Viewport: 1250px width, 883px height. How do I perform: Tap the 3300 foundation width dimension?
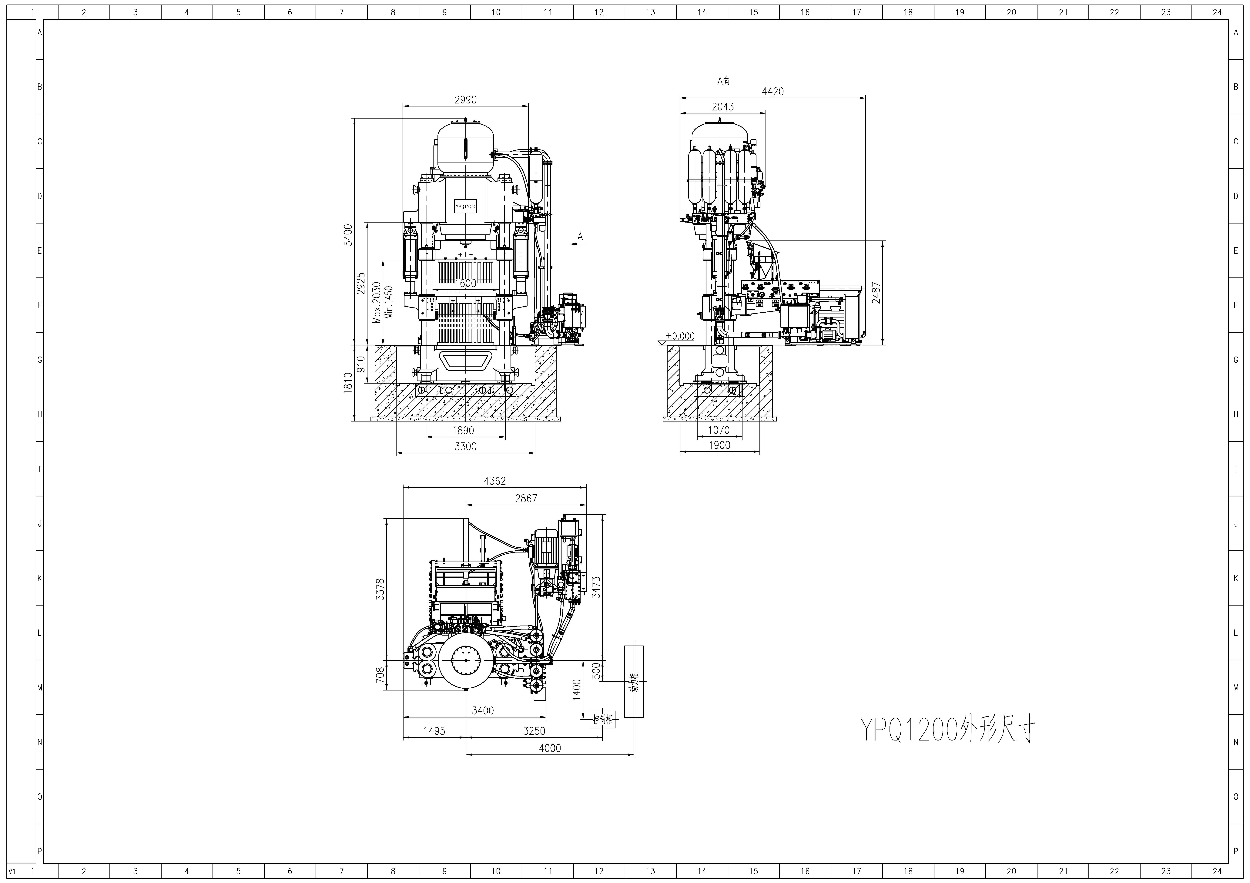coord(465,446)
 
